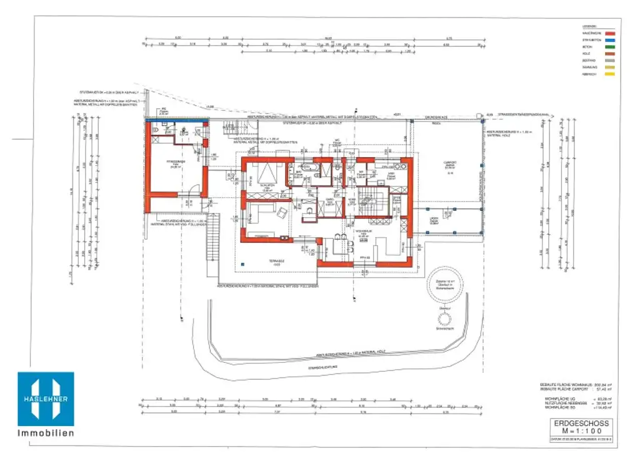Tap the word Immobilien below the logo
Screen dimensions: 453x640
coord(46,433)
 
